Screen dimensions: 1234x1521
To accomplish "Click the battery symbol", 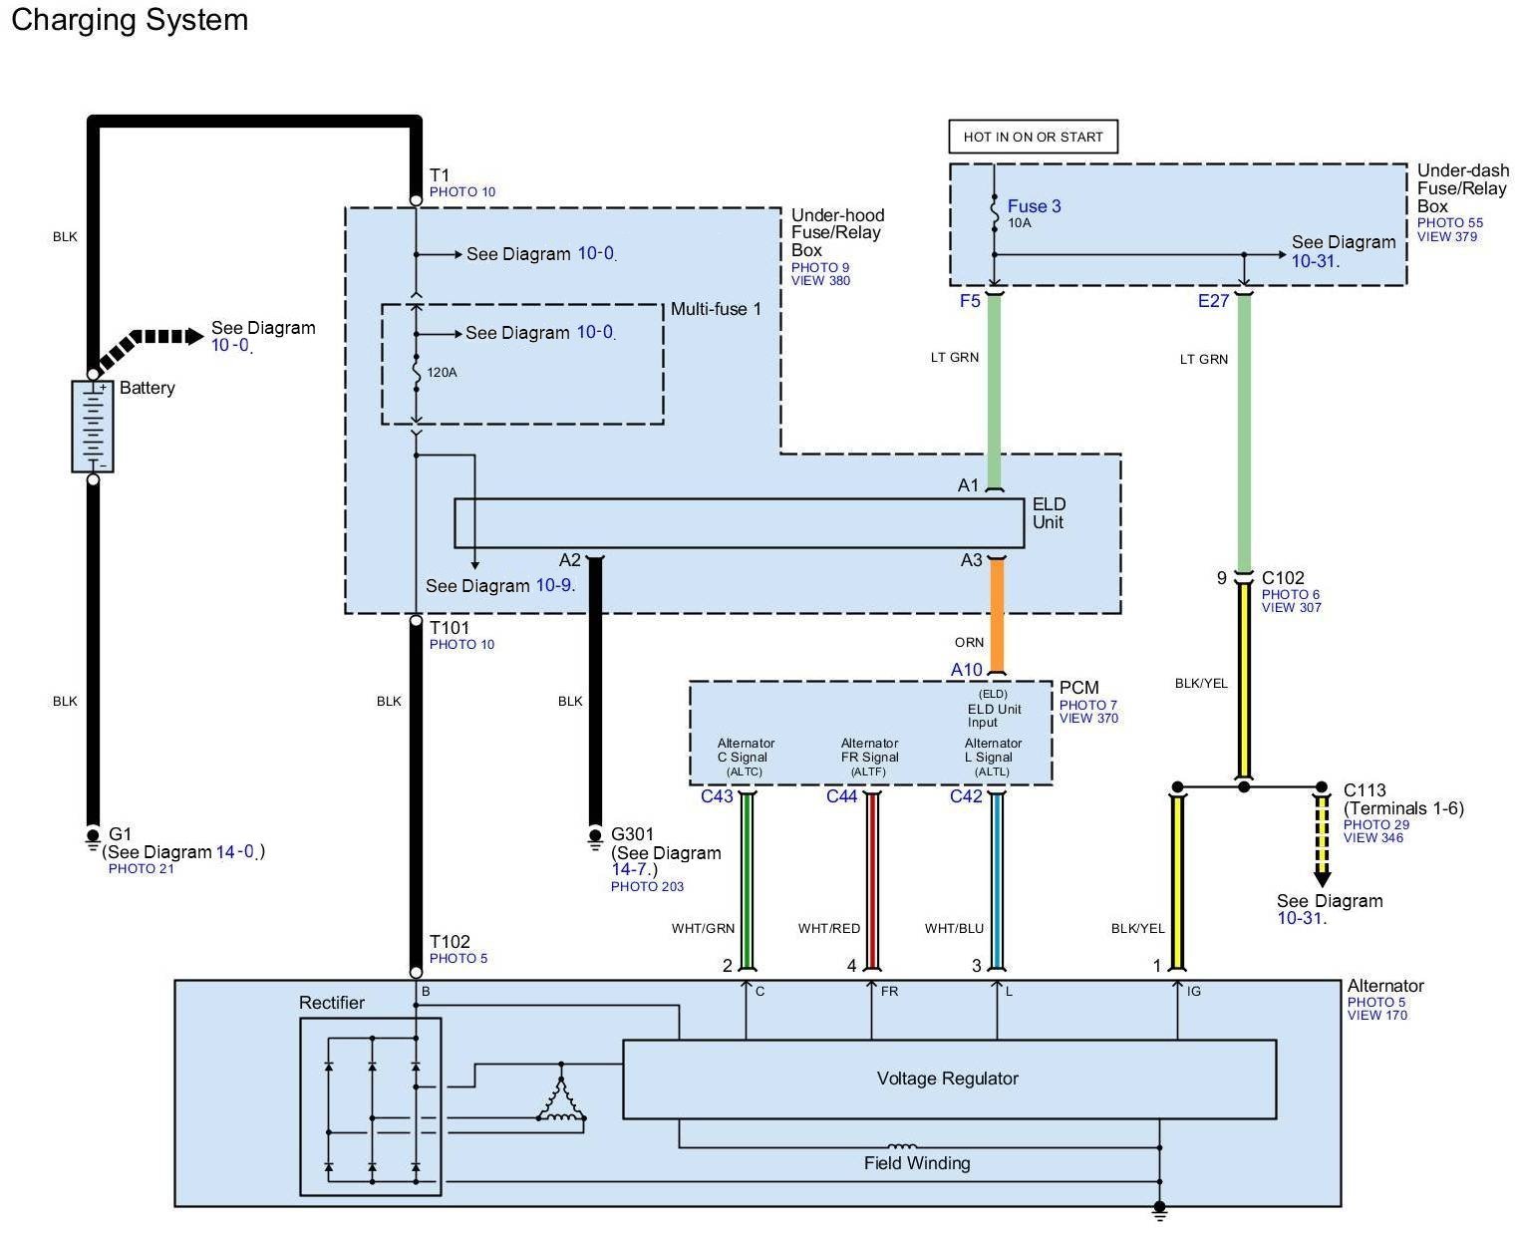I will [93, 426].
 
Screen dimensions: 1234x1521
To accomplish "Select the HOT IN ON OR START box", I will [1033, 137].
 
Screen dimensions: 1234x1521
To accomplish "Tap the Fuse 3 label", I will [1034, 206].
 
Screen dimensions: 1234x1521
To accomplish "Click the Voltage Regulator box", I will [948, 1079].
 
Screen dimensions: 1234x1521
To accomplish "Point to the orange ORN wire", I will [996, 613].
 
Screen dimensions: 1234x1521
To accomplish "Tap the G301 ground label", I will [631, 834].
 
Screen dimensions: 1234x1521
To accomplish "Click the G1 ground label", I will [120, 834].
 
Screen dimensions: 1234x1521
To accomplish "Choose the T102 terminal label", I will [450, 942].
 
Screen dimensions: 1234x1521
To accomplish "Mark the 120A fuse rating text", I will [443, 373].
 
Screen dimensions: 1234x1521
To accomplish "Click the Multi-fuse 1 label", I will [716, 309].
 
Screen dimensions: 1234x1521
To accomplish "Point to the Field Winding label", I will [917, 1163].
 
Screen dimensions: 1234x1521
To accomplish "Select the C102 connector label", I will [1283, 578].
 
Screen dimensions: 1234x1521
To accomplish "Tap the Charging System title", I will [130, 20].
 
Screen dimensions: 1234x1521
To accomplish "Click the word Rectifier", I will [332, 1003].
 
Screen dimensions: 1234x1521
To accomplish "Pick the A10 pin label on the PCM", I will [966, 670].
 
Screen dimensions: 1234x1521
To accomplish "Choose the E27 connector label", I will [1213, 301].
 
